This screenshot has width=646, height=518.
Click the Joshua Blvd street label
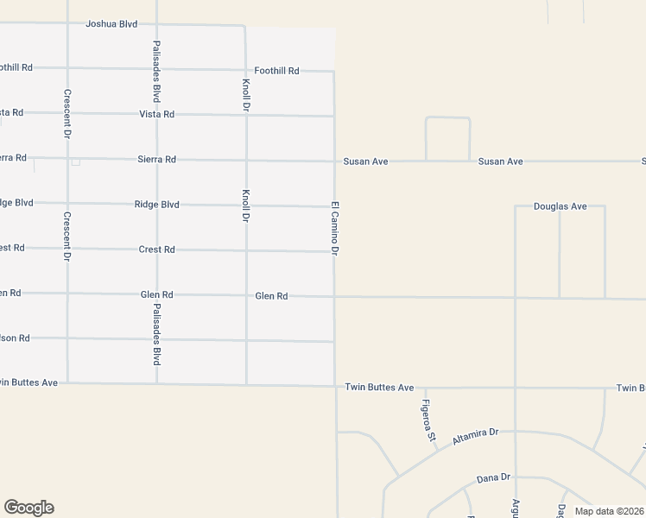pyautogui.click(x=111, y=24)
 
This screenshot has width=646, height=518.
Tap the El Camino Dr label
pyautogui.click(x=334, y=228)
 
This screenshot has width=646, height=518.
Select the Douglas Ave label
pyautogui.click(x=560, y=206)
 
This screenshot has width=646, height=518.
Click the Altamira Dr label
pyautogui.click(x=476, y=437)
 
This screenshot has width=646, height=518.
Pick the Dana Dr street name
pyautogui.click(x=494, y=477)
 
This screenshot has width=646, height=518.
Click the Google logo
pyautogui.click(x=28, y=508)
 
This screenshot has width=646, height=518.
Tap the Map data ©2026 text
pyautogui.click(x=609, y=511)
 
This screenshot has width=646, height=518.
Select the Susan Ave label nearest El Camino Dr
pyautogui.click(x=365, y=161)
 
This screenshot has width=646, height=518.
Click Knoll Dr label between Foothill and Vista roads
pyautogui.click(x=246, y=94)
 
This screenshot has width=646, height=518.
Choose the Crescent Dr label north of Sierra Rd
pyautogui.click(x=66, y=114)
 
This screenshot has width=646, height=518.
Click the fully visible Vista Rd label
pyautogui.click(x=157, y=114)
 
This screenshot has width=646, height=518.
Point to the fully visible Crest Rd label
pyautogui.click(x=157, y=250)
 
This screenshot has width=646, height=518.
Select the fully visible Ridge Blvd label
pyautogui.click(x=157, y=205)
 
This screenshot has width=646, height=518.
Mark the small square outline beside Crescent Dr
pyautogui.click(x=76, y=161)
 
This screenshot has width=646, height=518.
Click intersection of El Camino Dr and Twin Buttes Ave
pyautogui.click(x=335, y=387)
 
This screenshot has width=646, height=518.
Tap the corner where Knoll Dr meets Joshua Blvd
pyautogui.click(x=245, y=26)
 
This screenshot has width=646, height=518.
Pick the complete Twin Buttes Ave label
pyautogui.click(x=379, y=388)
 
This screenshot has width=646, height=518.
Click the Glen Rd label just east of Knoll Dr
pyautogui.click(x=271, y=296)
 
